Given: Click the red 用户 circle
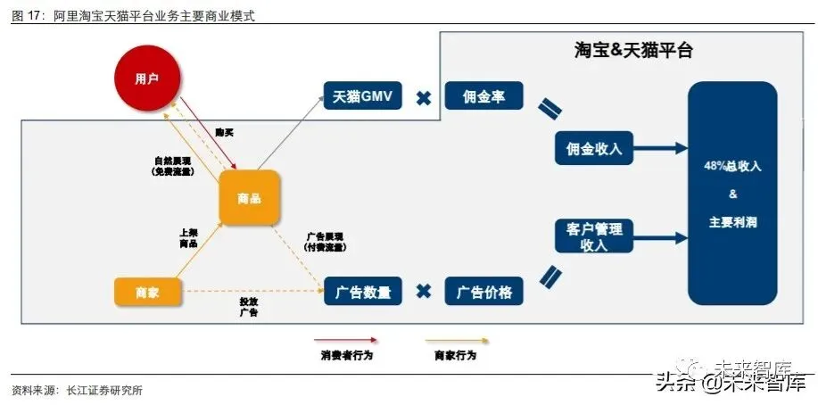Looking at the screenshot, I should click(146, 79).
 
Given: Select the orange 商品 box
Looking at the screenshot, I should click(249, 198).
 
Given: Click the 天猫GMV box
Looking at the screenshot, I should click(363, 96).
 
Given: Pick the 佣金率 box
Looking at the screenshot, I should click(484, 96).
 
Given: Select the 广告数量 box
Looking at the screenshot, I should click(363, 291).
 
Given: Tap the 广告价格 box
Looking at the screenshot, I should click(484, 291).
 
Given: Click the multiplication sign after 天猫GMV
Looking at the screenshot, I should click(424, 97).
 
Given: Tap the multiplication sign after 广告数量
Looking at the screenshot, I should click(424, 292).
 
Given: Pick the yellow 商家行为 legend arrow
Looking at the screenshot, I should click(455, 340).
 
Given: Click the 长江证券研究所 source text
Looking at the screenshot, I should click(102, 390).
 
